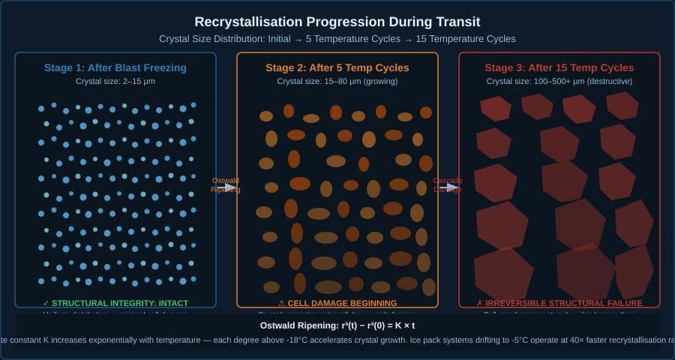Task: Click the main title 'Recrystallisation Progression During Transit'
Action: (337, 22)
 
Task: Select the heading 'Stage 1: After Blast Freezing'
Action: (115, 68)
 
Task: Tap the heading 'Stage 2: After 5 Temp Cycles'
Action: (337, 68)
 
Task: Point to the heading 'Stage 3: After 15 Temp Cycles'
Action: (559, 68)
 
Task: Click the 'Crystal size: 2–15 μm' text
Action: (115, 81)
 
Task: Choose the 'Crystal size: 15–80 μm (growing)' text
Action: (337, 81)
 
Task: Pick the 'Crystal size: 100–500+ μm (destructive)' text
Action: (559, 81)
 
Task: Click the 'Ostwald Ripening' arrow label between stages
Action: (226, 185)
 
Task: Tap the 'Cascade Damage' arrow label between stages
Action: (448, 185)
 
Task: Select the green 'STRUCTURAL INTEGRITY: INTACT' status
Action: (119, 303)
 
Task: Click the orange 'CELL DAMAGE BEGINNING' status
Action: (343, 303)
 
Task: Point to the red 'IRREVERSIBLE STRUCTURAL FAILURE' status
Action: (563, 303)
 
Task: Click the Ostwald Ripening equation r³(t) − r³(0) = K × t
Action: (337, 325)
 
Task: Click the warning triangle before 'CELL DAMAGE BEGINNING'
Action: (282, 303)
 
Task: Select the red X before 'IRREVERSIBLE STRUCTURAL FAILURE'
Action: (480, 303)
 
